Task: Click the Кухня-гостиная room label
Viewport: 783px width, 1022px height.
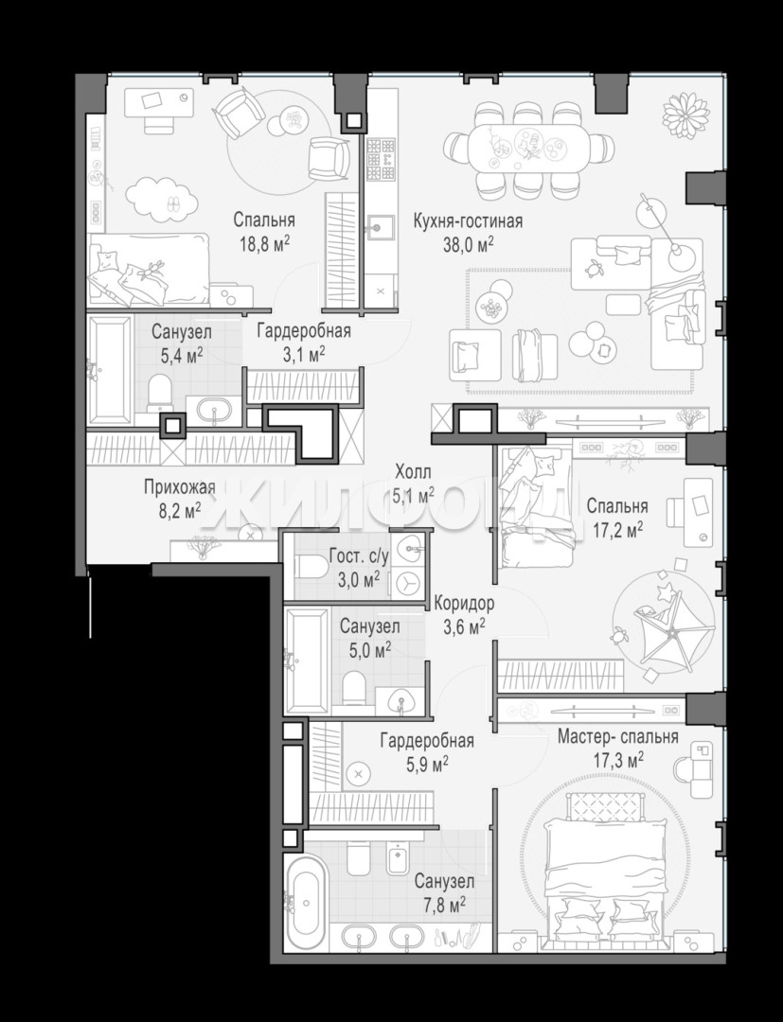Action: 468,221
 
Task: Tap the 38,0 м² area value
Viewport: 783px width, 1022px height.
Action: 468,245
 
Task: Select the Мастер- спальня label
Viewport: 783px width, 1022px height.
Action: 617,736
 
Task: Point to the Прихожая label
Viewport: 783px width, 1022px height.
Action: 179,487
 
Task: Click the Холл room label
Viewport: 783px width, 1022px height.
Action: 413,471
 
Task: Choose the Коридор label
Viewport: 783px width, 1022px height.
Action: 464,603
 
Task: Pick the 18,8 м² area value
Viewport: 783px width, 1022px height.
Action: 263,245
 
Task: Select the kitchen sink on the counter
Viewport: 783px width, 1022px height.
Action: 379,227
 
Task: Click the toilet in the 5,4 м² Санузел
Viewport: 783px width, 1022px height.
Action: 159,393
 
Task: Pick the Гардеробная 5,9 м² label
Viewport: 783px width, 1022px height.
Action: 427,750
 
